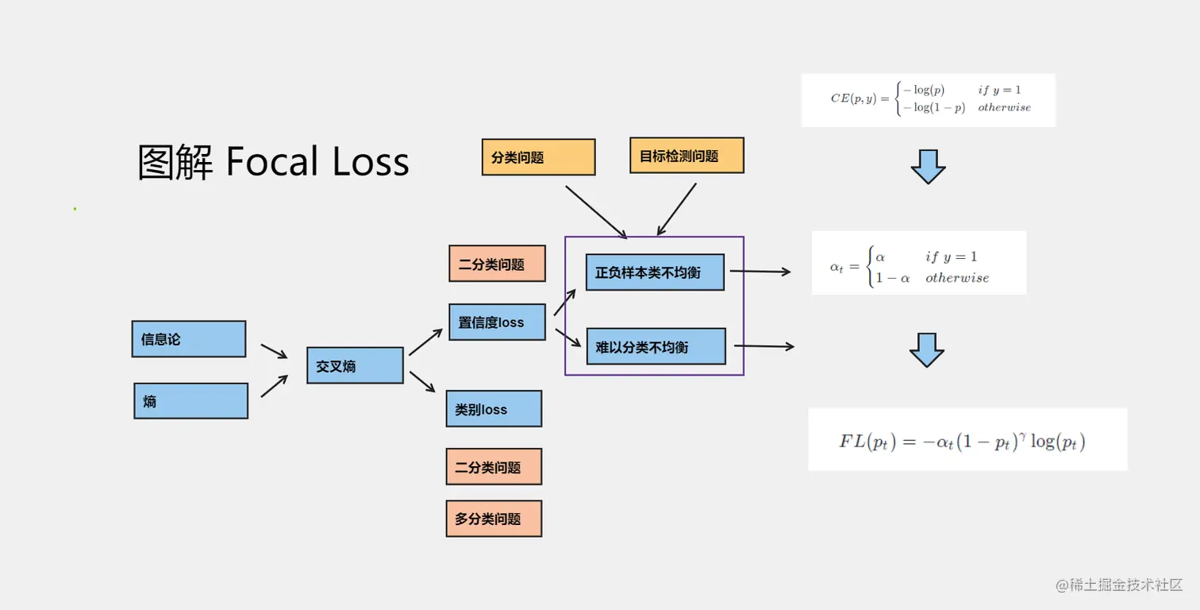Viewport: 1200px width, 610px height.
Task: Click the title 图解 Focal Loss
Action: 274,162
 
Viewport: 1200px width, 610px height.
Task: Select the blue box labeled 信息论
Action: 189,339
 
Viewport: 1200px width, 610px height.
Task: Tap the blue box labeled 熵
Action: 190,401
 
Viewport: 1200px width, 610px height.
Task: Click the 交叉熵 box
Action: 355,365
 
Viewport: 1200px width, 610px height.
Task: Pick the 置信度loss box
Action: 497,322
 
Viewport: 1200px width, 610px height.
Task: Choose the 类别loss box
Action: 494,409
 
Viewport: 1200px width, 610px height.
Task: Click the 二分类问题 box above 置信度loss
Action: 497,264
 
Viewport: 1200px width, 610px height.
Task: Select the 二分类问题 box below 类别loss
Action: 494,467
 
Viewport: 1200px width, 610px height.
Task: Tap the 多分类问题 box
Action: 494,519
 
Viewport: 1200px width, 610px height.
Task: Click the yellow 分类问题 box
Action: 538,157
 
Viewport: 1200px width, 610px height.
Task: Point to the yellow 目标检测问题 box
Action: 687,156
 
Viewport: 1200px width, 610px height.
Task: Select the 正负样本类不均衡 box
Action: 655,272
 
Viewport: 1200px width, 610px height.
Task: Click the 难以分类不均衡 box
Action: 656,346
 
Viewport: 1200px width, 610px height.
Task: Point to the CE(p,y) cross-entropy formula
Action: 929,99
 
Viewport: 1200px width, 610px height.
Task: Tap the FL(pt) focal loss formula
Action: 967,440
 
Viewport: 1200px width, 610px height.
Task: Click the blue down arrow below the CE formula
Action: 928,166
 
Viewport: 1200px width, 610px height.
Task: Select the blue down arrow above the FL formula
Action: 926,350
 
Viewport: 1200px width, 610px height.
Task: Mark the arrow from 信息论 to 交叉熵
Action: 274,351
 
